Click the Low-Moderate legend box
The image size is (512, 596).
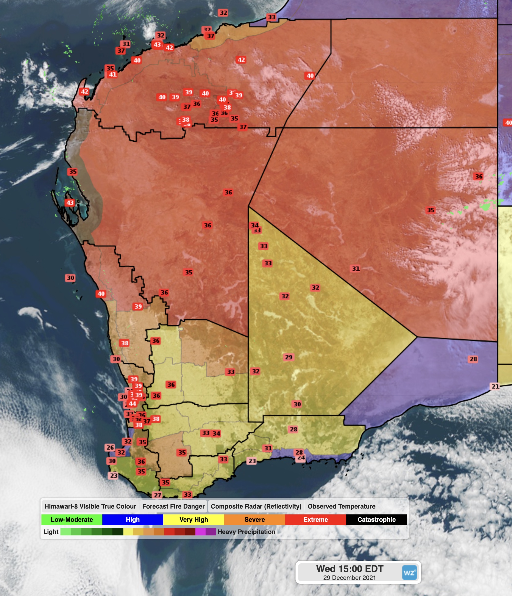point(72,520)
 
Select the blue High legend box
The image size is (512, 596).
point(133,520)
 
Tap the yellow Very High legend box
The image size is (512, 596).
point(194,520)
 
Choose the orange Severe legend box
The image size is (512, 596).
point(255,520)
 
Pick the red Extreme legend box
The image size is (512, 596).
point(315,520)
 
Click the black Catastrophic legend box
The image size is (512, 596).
point(376,520)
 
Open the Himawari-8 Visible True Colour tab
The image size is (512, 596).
point(90,506)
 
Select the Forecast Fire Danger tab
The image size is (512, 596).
point(173,506)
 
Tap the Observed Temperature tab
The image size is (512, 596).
point(341,506)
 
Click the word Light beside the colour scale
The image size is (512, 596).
point(51,532)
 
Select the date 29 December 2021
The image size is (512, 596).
point(349,578)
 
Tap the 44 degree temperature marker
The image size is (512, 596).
point(132,404)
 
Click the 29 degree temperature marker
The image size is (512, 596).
point(289,357)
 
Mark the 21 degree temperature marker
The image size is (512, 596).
point(495,386)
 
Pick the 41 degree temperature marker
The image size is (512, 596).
point(113,74)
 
